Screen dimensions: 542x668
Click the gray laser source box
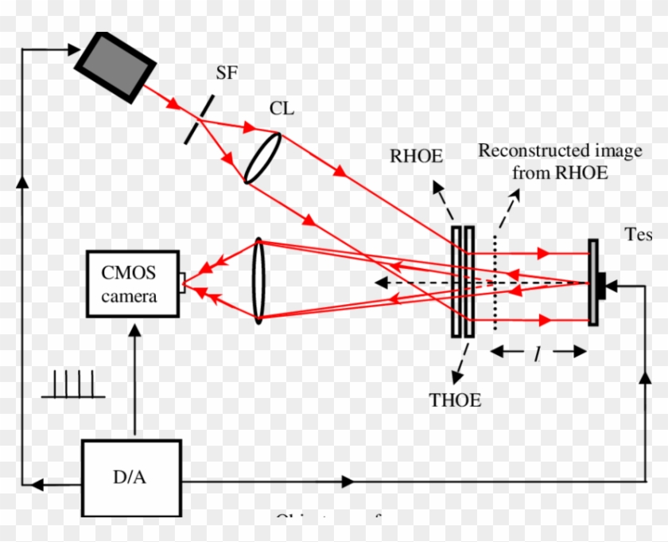point(115,66)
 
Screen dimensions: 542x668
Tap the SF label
point(227,73)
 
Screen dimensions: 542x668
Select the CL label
point(282,108)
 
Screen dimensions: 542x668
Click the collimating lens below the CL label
point(262,158)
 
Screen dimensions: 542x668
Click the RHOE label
point(416,156)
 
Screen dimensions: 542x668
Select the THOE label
point(454,400)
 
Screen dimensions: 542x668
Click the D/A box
point(130,478)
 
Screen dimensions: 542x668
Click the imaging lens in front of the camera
point(258,280)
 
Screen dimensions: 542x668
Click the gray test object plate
point(593,283)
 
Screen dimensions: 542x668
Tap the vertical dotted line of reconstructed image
point(496,283)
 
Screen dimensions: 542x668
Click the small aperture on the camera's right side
point(183,279)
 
